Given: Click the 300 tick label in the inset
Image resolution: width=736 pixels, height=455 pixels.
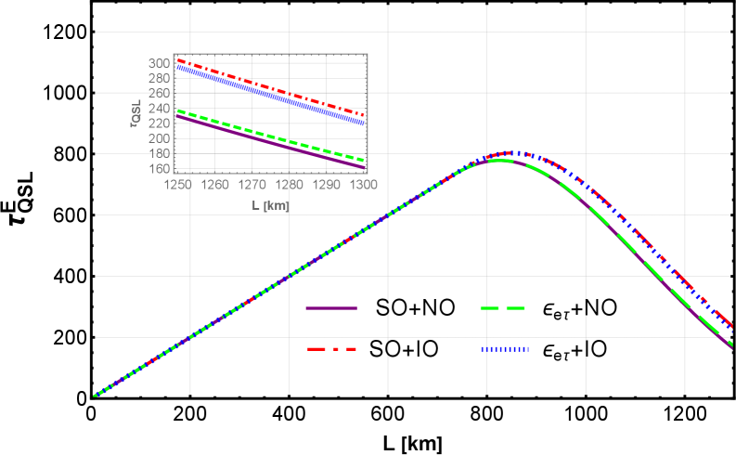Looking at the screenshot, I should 159,63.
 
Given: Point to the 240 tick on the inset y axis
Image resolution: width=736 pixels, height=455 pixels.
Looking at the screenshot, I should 159,109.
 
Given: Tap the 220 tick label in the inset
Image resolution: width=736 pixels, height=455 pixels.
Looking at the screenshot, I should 159,123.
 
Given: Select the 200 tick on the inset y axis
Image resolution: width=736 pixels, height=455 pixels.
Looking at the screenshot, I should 159,138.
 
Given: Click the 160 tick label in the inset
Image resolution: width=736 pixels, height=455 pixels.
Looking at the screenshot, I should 159,169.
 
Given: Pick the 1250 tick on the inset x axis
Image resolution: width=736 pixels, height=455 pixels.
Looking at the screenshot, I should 177,185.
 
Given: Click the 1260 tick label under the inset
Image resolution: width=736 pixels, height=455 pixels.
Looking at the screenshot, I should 214,185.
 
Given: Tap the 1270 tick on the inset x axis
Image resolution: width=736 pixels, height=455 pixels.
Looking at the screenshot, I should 252,185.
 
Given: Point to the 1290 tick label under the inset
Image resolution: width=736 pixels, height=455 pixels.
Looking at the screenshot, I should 327,185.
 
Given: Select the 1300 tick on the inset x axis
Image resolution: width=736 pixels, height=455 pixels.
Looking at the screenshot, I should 363,185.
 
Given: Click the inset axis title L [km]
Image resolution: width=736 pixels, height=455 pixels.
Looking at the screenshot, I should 270,205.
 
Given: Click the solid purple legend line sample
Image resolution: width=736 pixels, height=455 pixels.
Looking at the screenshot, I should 331,307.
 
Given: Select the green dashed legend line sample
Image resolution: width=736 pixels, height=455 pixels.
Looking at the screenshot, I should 503,307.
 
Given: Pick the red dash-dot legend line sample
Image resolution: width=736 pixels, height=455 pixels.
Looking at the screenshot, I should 331,349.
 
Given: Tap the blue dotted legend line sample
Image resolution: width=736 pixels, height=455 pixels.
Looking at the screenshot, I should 504,349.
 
